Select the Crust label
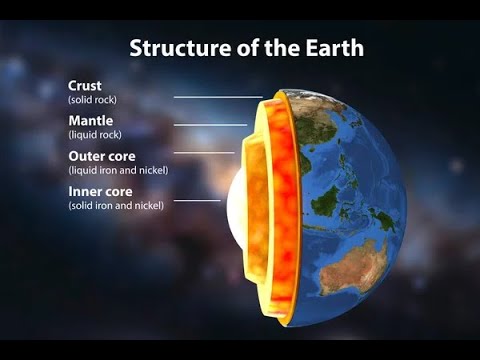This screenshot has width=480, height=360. pyautogui.click(x=84, y=87)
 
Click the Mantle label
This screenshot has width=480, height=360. pyautogui.click(x=90, y=120)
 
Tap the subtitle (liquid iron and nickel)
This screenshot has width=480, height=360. pyautogui.click(x=117, y=170)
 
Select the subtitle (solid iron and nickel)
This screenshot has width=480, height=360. pyautogui.click(x=116, y=204)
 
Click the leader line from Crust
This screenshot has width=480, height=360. pyautogui.click(x=218, y=97)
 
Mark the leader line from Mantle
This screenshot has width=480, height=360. pyautogui.click(x=210, y=125)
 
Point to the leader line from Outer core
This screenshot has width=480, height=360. pyautogui.click(x=204, y=153)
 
